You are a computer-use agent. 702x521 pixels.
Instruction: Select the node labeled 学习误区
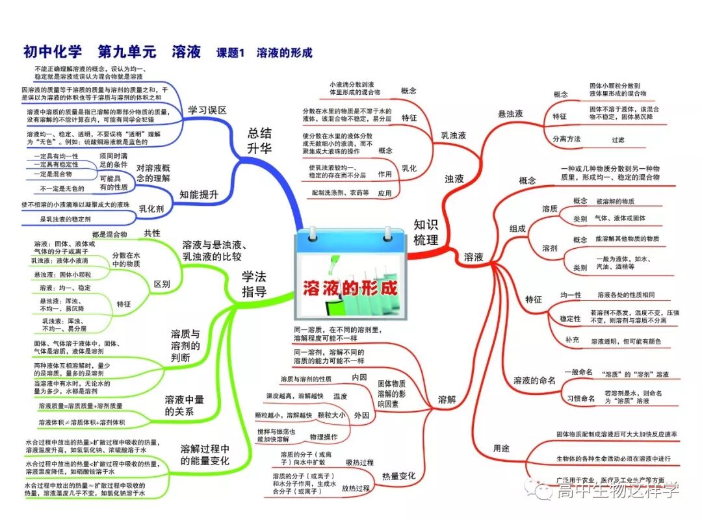click(207, 110)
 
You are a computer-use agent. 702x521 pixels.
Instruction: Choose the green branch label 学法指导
click(254, 284)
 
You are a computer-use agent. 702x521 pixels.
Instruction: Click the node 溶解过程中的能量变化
click(205, 455)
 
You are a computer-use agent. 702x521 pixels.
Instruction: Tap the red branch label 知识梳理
click(426, 232)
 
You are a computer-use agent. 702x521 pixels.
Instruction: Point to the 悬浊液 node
click(510, 114)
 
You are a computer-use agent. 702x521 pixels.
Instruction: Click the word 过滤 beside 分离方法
click(617, 139)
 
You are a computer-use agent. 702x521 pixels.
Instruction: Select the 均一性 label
click(571, 295)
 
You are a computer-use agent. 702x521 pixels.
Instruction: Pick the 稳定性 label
click(570, 318)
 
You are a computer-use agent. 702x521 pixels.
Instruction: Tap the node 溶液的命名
click(534, 380)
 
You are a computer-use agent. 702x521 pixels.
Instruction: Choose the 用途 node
click(501, 448)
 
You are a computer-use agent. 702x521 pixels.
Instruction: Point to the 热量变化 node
click(398, 476)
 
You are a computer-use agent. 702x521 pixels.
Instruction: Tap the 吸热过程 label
click(359, 463)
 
